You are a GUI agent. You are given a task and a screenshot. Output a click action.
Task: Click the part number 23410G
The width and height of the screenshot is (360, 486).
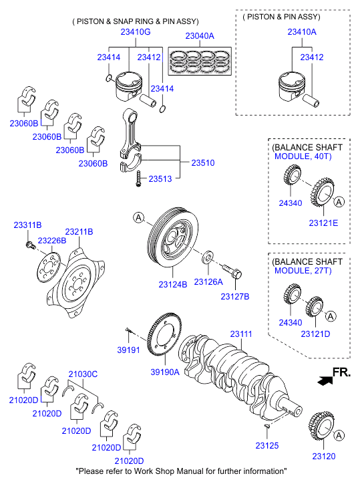tap(136, 32)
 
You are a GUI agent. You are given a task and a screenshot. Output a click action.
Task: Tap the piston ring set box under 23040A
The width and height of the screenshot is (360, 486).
tap(200, 61)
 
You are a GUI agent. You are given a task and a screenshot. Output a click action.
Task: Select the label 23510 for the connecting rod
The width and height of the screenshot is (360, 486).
tap(203, 162)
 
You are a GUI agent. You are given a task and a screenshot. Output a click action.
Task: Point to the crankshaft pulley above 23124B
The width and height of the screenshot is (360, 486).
tap(173, 239)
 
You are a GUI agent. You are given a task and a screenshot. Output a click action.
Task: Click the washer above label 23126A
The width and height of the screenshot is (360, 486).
tap(208, 257)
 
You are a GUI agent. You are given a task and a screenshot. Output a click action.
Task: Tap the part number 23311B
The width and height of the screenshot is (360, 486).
tap(27, 225)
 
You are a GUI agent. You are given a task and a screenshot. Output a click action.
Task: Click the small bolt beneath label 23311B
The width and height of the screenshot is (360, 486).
tap(29, 245)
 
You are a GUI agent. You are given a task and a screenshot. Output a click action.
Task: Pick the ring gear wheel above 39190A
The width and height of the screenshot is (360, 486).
tap(164, 334)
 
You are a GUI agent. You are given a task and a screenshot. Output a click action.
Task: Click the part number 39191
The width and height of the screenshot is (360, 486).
tap(128, 350)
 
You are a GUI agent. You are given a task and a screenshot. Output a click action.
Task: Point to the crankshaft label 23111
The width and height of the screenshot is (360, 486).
tap(241, 334)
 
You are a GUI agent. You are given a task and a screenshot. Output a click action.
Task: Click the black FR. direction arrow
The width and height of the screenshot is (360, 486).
tap(325, 380)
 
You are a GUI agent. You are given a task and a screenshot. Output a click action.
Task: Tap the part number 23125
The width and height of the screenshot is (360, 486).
tap(266, 445)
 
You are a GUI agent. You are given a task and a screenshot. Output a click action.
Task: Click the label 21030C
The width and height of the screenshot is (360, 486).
tap(83, 374)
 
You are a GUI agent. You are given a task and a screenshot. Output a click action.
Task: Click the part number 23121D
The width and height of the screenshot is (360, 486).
tap(315, 334)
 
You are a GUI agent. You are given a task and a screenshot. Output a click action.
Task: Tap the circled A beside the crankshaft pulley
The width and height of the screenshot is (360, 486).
tap(139, 217)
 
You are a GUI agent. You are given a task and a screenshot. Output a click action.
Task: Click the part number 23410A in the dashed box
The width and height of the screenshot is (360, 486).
tap(302, 32)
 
